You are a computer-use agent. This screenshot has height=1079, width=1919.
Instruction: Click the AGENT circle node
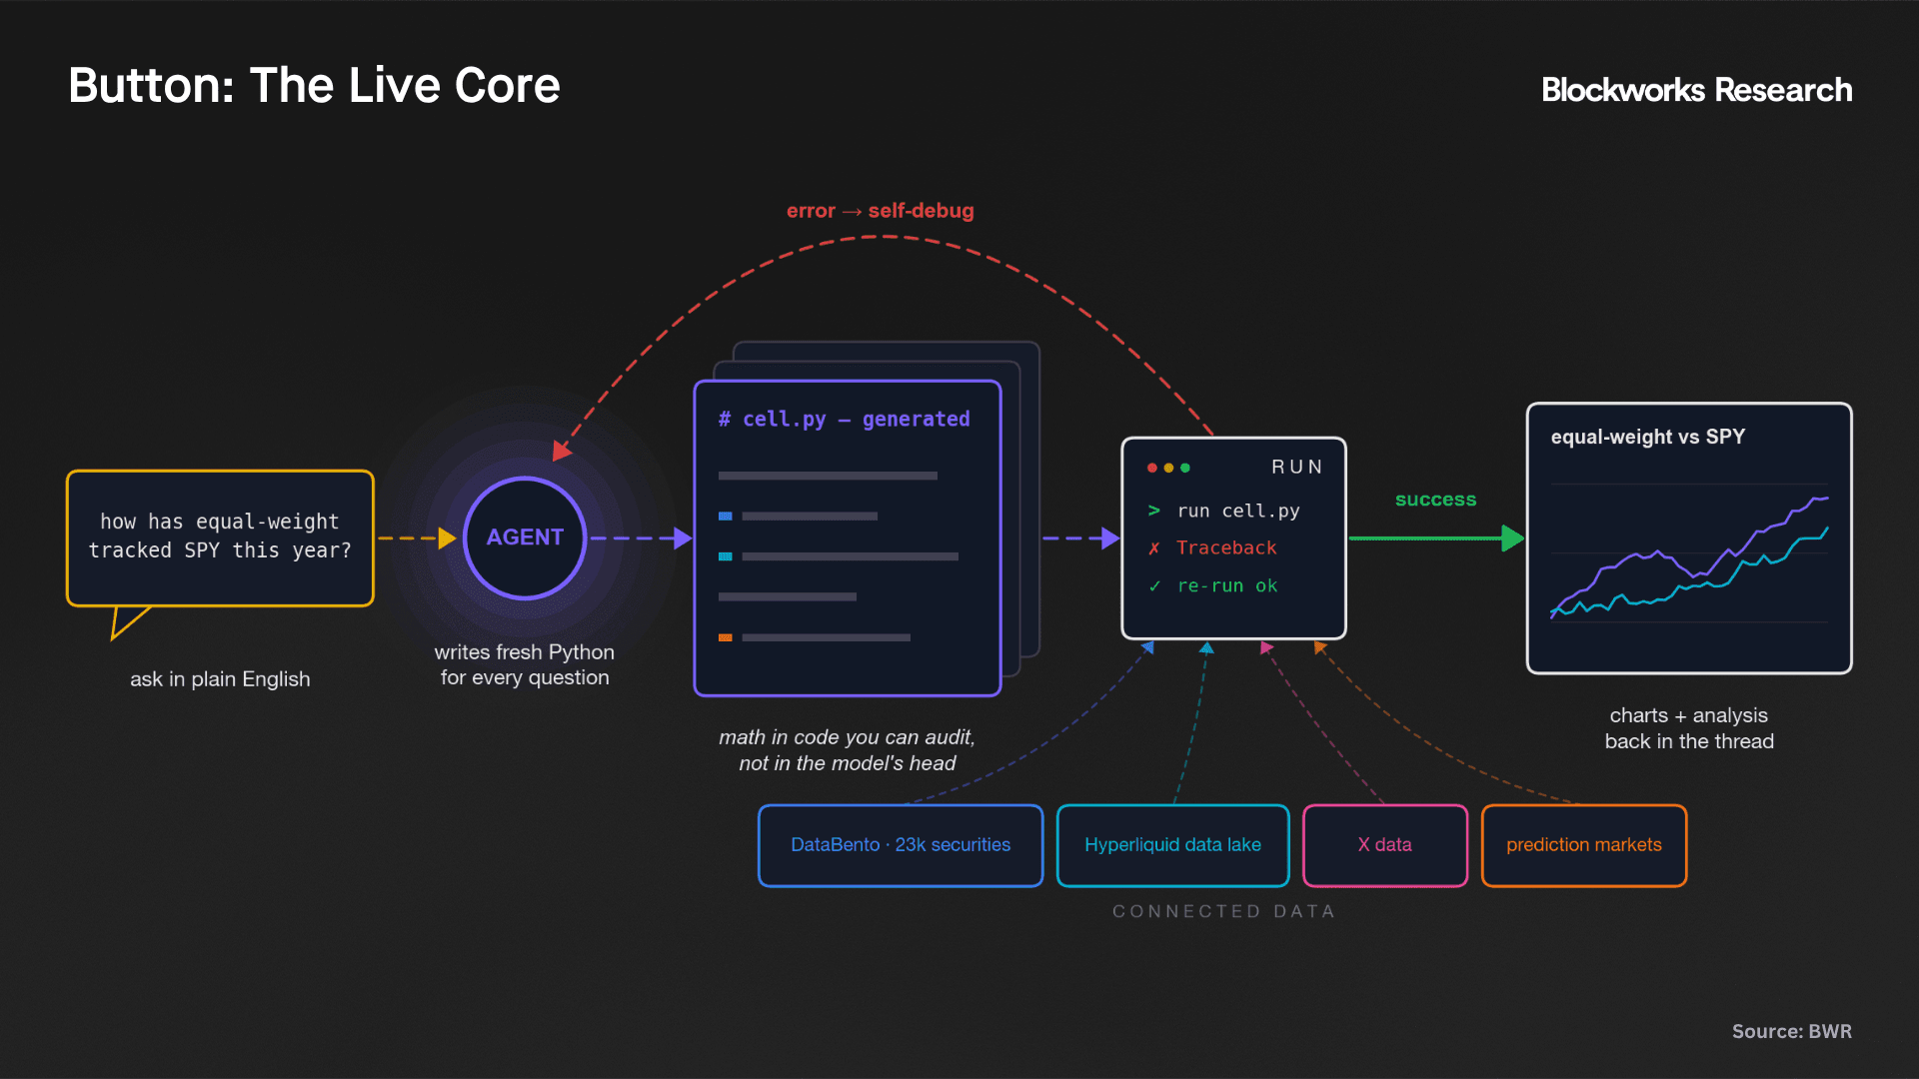coord(525,538)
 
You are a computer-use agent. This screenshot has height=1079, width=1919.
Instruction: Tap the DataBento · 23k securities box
coord(901,845)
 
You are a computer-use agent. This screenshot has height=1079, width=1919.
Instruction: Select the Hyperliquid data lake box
coord(1172,845)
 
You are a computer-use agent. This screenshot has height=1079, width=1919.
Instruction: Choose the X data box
coord(1385,845)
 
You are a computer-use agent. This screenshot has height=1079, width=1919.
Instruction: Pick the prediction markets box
coord(1584,845)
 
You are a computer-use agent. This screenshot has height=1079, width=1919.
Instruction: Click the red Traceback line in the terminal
coord(1212,548)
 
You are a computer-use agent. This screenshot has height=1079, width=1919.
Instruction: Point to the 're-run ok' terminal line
coord(1213,586)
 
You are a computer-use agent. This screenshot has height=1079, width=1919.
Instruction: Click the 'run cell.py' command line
coord(1224,512)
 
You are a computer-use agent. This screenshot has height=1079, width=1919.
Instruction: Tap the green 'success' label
coord(1435,500)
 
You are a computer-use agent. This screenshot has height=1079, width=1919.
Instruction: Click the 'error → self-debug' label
coord(880,211)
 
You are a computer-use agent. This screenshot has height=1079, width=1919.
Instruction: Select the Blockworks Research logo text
coord(1696,90)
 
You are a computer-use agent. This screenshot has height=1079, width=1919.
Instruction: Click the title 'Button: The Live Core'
coord(314,85)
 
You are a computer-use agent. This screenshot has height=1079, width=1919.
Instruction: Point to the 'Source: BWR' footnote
coord(1791,1031)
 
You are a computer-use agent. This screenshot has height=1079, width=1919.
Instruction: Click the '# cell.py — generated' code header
coord(844,420)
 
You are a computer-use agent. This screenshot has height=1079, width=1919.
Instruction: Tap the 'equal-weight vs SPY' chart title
coord(1648,437)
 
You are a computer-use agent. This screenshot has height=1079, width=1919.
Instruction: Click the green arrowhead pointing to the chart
coord(1512,539)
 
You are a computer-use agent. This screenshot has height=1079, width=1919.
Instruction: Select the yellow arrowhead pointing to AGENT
coord(448,539)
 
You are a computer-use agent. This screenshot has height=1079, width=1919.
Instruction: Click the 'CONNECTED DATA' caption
coord(1223,911)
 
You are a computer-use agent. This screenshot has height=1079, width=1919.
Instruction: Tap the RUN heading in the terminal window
coord(1296,468)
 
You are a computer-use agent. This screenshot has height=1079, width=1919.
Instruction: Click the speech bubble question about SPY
coord(220,537)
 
